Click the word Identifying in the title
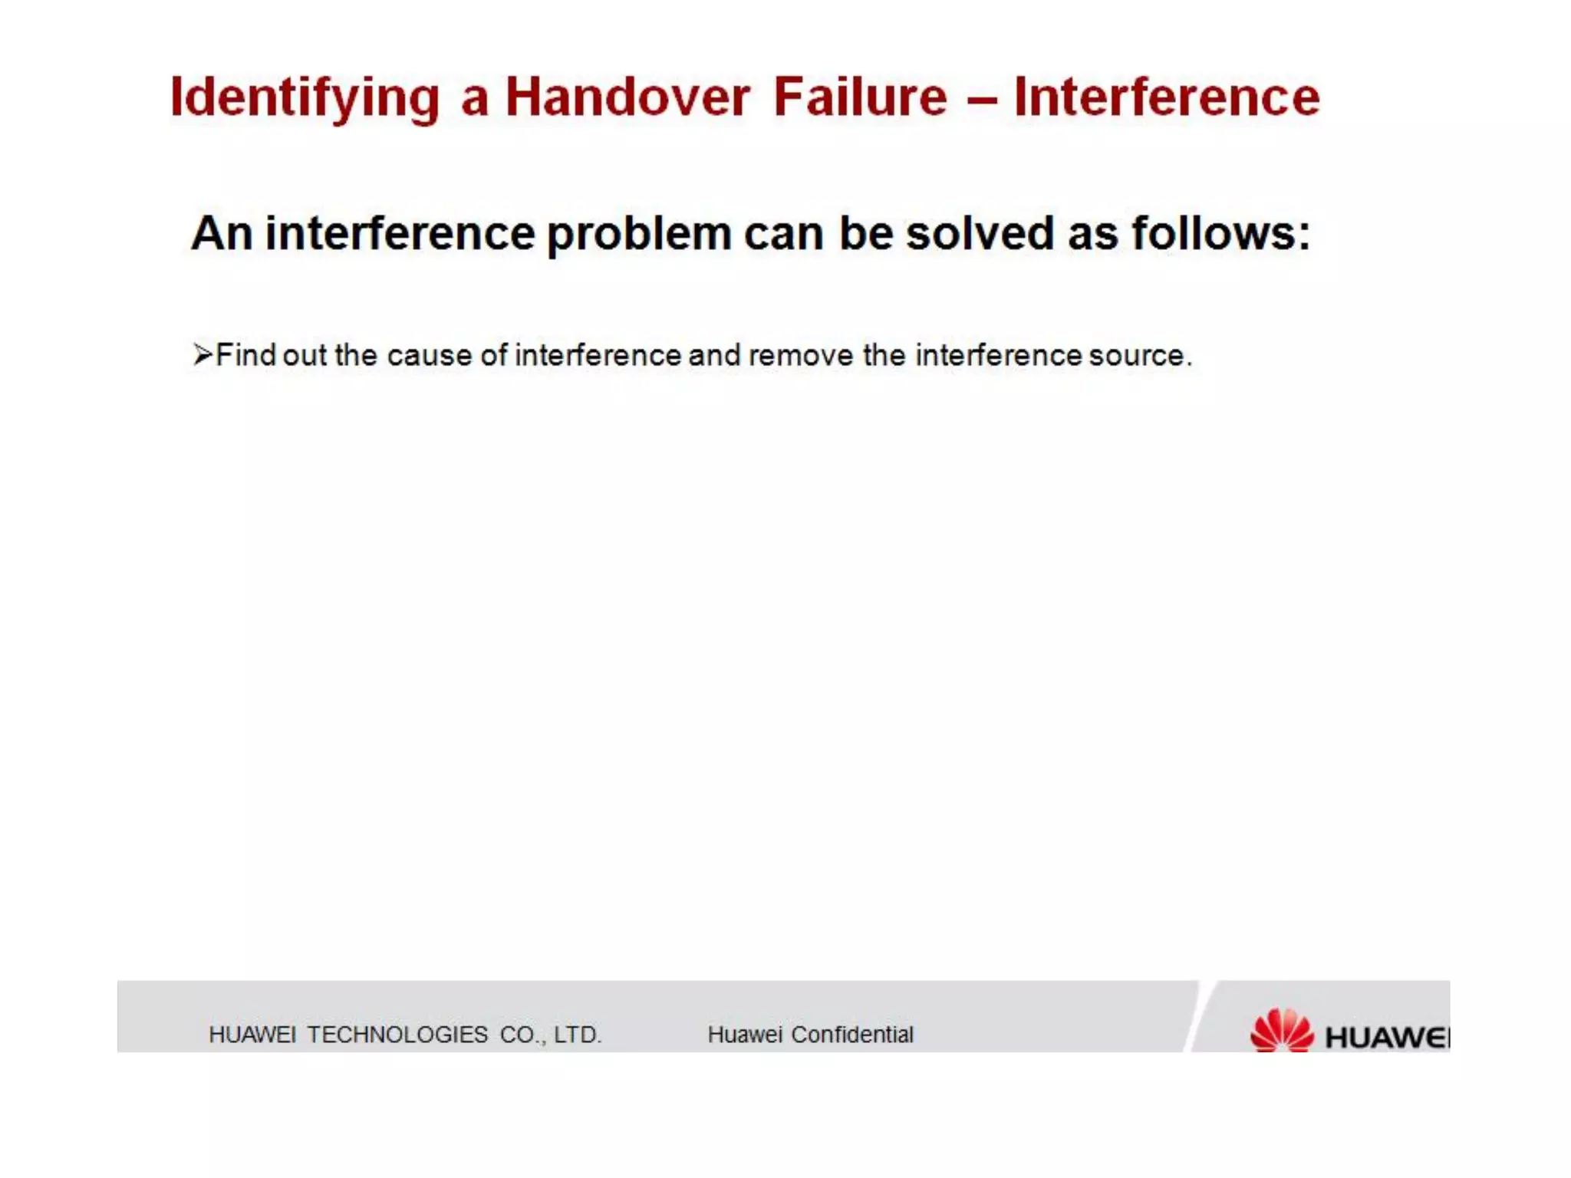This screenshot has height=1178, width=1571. coord(305,98)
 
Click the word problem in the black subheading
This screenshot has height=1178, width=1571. coord(638,234)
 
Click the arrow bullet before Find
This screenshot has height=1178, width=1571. coord(203,354)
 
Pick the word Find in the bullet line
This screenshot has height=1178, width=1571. coord(245,355)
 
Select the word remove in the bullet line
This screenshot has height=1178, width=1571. coord(800,355)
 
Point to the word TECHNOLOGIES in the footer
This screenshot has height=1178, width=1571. coord(397,1035)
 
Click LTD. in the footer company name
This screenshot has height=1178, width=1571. coord(577,1035)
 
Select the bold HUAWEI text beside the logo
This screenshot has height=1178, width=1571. coord(1387,1037)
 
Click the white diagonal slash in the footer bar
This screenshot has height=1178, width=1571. coord(1202,1016)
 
